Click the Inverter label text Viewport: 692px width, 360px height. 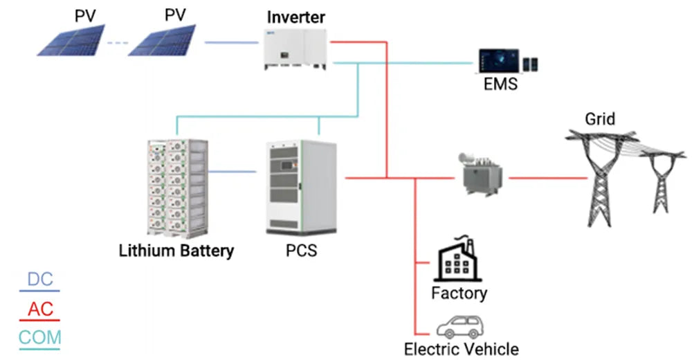click(295, 16)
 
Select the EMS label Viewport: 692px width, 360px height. click(500, 85)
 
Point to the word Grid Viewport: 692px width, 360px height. click(599, 119)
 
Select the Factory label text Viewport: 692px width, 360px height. click(459, 293)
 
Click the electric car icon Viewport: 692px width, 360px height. click(459, 326)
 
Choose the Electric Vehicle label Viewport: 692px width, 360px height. click(461, 349)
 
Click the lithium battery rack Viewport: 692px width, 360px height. click(177, 187)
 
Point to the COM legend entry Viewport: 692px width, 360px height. click(40, 339)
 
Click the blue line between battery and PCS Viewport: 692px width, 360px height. click(233, 172)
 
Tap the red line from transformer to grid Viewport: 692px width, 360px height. click(547, 178)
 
